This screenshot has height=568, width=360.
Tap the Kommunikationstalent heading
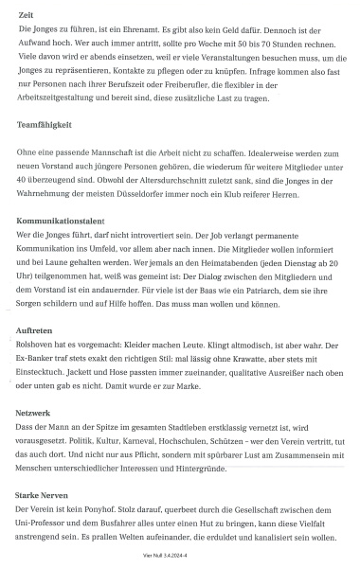64,218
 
